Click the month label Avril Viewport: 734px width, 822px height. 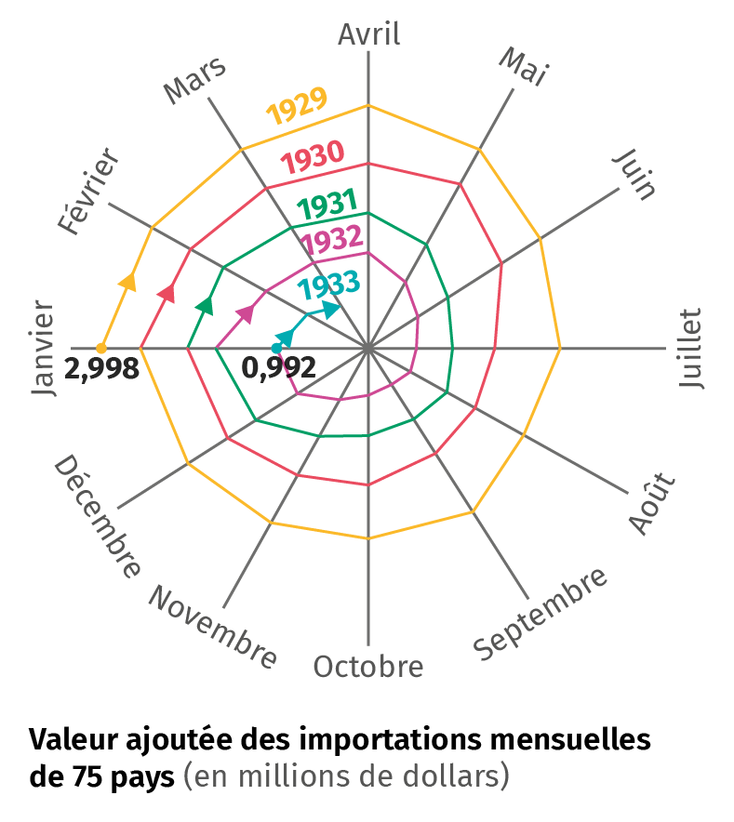tap(368, 34)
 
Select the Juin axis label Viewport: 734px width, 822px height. tap(636, 174)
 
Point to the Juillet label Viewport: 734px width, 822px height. tap(690, 349)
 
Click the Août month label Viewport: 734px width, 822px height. tap(653, 503)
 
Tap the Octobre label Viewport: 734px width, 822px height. tap(368, 667)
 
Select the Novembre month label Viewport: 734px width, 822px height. tap(213, 628)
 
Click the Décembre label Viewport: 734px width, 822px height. tap(98, 517)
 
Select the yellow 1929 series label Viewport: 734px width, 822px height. tap(297, 108)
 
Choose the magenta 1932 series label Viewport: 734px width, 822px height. tap(332, 242)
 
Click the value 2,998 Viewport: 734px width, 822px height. tap(102, 368)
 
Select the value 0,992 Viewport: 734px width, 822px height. tap(278, 367)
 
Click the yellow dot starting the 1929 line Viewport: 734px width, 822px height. tap(101, 349)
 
